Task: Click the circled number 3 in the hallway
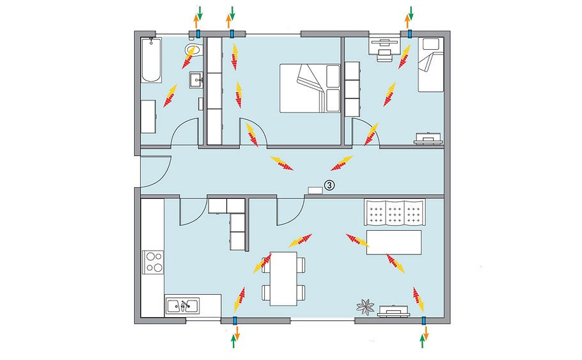coord(329,185)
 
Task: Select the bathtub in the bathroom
coord(152,59)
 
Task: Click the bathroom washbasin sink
coord(196,80)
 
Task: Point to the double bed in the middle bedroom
coord(310,88)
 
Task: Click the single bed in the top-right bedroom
coord(430,64)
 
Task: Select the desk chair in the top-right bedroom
coord(384,55)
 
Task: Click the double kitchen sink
coord(182,306)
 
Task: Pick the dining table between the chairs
coord(283,278)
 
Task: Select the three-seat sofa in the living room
coord(395,212)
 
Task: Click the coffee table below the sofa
coord(394,242)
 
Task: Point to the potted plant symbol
coord(365,307)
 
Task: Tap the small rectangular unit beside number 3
coord(315,190)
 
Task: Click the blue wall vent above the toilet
coord(198,34)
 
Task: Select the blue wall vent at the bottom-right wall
coord(423,320)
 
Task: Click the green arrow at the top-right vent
coord(411,13)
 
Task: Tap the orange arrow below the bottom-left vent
coord(237,333)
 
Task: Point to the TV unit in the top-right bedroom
coord(429,138)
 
